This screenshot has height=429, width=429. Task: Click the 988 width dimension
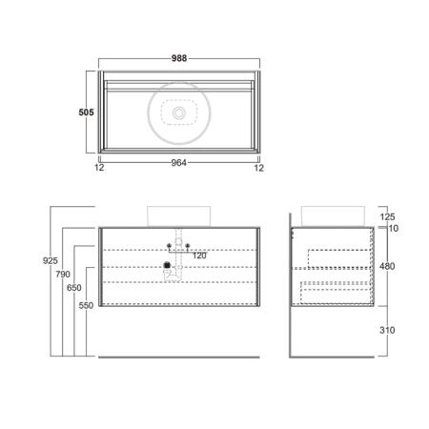point(179,58)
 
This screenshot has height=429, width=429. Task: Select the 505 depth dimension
point(86,112)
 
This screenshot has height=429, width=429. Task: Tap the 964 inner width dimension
point(179,163)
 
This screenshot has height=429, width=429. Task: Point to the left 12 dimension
point(99,168)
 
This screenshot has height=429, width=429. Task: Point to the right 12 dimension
point(259,168)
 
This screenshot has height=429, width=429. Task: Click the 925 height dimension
point(51,260)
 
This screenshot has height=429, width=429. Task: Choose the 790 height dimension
point(63,274)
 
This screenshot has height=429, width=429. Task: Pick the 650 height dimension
point(74,288)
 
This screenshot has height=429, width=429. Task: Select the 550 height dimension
point(86,305)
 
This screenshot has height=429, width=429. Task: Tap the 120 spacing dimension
point(199,255)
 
